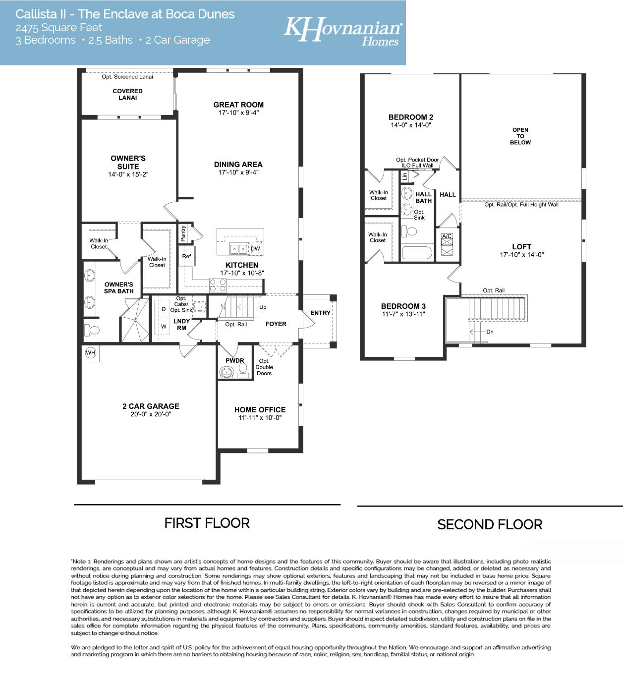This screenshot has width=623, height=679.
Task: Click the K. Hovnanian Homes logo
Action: click(x=342, y=31)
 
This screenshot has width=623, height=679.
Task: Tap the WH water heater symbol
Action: click(x=90, y=353)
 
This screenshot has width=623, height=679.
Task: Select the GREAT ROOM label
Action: click(x=238, y=105)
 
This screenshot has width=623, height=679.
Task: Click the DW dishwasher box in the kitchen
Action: click(x=255, y=249)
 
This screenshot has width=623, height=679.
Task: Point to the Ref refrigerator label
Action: click(x=186, y=256)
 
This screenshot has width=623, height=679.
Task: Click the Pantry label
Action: click(x=183, y=233)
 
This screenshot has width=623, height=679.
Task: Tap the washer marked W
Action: click(x=164, y=327)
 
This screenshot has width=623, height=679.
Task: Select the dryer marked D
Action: click(x=164, y=309)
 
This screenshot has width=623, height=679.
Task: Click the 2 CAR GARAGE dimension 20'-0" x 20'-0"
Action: click(x=151, y=414)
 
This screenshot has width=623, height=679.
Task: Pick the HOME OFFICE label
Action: click(x=260, y=409)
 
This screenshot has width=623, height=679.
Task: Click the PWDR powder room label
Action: click(x=235, y=361)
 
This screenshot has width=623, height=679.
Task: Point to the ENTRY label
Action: click(x=320, y=313)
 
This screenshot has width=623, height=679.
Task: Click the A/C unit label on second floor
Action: click(x=447, y=236)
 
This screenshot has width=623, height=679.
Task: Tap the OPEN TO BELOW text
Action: click(x=520, y=136)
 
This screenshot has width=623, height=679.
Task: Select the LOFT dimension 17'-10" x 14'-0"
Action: click(x=521, y=255)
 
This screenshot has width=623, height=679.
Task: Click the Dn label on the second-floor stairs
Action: click(x=490, y=332)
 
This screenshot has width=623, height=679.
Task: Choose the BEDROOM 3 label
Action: click(x=403, y=306)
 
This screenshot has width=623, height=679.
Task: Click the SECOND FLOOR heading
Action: click(x=490, y=524)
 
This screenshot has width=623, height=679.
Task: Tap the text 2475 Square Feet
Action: click(x=58, y=28)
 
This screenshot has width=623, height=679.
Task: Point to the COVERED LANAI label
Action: click(x=127, y=94)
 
